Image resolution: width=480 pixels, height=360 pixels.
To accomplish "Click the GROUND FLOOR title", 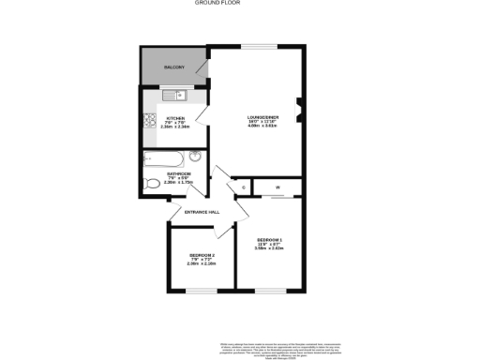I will pos(240,4).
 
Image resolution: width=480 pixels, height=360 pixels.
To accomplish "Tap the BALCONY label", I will pos(173,67).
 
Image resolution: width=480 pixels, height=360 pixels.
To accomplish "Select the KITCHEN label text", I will pos(175,118).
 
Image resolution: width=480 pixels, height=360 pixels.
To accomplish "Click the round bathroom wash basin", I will pos(194,157).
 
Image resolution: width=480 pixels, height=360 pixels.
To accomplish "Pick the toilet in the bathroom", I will pos(152,185).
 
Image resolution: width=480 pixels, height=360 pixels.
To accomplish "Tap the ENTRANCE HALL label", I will pos(202,213).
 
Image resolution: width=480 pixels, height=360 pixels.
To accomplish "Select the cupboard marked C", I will pos(243,187).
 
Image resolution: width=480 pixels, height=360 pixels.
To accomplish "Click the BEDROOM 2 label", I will pos(202,256).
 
